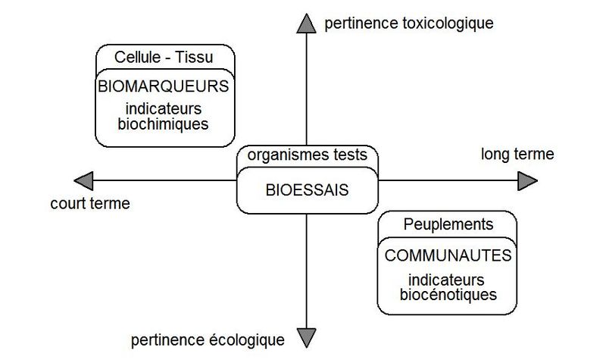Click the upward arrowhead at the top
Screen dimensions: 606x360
[x=307, y=24]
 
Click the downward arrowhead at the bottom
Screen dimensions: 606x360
[x=307, y=337]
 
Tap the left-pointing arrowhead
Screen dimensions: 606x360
[x=84, y=180]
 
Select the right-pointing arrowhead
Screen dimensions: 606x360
[x=527, y=180]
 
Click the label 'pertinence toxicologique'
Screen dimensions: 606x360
[x=409, y=23]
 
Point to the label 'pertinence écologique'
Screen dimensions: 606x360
[x=208, y=340]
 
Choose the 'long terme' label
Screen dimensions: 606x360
[x=517, y=154]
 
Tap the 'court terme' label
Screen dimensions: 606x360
[x=90, y=203]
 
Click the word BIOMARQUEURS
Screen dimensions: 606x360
[x=164, y=86]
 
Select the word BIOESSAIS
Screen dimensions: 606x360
[x=308, y=190]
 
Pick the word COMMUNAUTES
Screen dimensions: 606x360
[x=448, y=255]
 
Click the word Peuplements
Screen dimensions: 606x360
[x=448, y=224]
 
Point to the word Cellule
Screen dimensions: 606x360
[x=138, y=58]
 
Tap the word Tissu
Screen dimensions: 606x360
[x=194, y=58]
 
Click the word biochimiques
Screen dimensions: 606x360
[x=163, y=124]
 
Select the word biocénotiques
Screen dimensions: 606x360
[x=448, y=295]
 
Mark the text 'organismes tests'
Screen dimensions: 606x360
[x=308, y=155]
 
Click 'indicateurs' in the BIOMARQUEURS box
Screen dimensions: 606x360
[x=164, y=108]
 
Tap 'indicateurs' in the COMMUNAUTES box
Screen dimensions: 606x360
[x=446, y=280]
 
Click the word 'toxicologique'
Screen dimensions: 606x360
[x=448, y=23]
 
